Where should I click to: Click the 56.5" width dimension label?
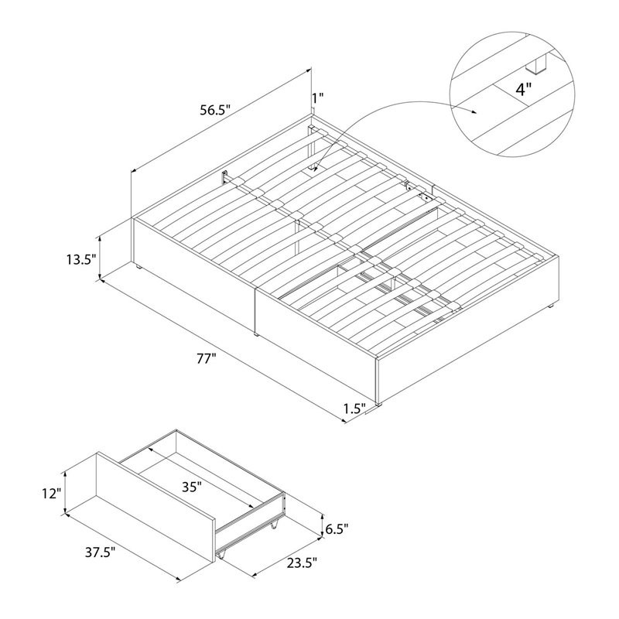[215, 110]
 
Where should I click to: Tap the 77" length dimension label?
[207, 360]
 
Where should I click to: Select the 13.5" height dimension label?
[81, 259]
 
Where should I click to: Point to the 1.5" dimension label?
[354, 409]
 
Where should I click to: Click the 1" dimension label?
[318, 97]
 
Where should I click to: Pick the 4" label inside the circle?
[524, 90]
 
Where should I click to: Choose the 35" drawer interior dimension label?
[192, 487]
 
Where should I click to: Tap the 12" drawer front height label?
[51, 493]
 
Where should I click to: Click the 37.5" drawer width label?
[101, 552]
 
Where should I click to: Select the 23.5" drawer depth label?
[302, 563]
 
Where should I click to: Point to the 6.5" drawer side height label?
[337, 528]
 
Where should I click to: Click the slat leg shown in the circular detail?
[535, 64]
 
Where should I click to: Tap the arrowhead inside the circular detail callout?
[474, 112]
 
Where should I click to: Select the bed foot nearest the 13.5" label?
[139, 267]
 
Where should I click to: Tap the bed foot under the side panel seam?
[256, 334]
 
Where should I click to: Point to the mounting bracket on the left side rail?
[225, 177]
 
